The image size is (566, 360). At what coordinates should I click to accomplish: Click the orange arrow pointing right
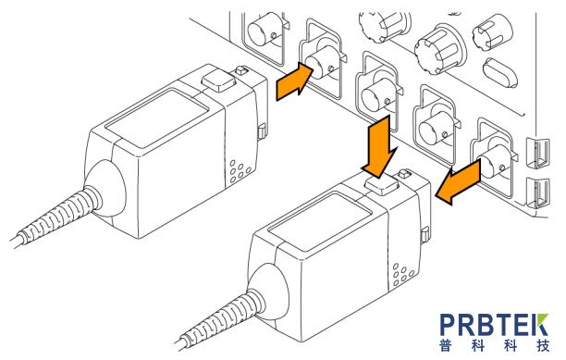(293, 81)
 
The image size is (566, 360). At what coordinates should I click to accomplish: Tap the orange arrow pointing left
(459, 182)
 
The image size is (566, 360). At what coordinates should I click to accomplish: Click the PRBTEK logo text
(494, 325)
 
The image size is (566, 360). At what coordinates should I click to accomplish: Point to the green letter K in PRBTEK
(541, 325)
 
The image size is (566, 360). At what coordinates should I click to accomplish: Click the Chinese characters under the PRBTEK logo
(495, 345)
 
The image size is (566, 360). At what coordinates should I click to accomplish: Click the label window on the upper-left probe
(157, 118)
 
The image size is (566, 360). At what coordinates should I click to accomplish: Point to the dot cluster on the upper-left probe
(239, 171)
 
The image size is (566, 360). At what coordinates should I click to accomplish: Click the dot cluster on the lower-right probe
(402, 274)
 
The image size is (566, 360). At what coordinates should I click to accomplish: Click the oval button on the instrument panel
(499, 72)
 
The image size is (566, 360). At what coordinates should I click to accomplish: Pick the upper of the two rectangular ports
(538, 153)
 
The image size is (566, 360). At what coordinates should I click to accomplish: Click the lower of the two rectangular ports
(538, 193)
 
